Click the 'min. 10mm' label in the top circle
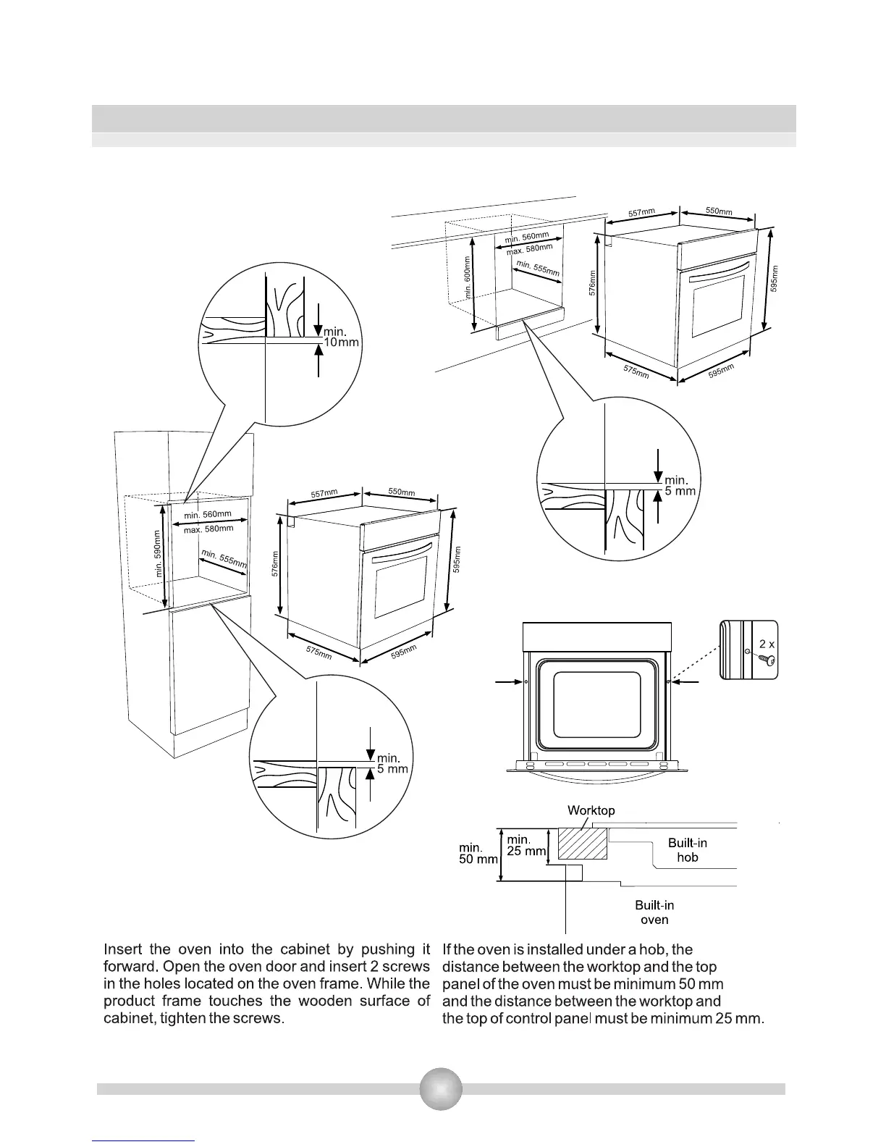tap(339, 337)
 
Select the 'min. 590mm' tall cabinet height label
tap(159, 553)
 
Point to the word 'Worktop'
tap(591, 810)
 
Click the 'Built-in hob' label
tap(687, 850)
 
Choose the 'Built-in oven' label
tap(654, 912)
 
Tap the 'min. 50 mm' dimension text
tap(478, 853)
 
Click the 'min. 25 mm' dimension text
tap(526, 845)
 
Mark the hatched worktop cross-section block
tap(582, 844)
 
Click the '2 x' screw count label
tap(767, 643)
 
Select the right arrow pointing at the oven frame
tap(685, 681)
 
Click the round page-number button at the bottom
tap(441, 1088)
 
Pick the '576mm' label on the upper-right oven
tap(593, 283)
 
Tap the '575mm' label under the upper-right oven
tap(636, 372)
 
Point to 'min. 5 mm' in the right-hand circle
tap(680, 485)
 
